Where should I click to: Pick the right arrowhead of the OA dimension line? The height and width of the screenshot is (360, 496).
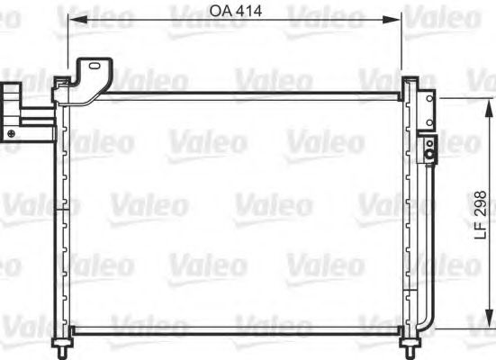400,20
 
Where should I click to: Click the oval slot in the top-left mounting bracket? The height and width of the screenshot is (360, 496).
92,66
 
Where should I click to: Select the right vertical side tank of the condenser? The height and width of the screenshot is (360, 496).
409,216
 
